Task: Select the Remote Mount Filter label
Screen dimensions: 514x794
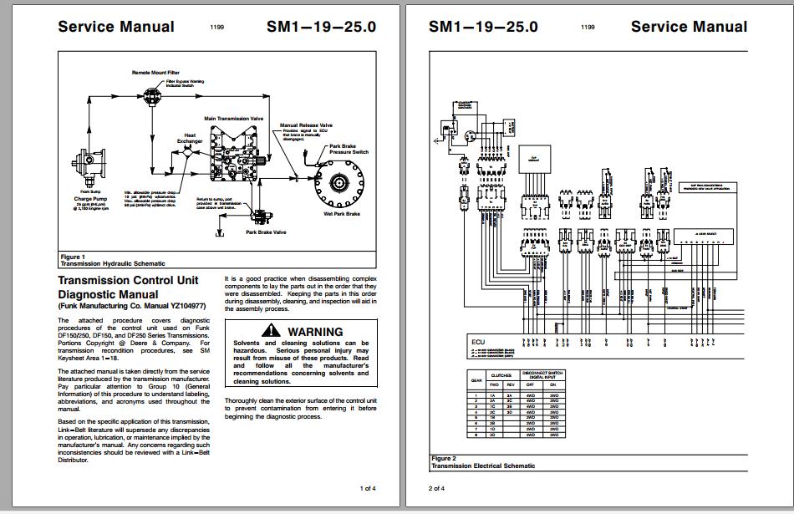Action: tap(155, 73)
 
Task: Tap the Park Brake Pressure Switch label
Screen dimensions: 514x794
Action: tap(349, 149)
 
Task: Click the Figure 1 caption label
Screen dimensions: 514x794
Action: tap(72, 257)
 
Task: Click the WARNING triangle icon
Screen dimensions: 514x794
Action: tap(275, 331)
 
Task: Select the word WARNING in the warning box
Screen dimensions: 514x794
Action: tap(315, 332)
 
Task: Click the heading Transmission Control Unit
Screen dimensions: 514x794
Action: tap(128, 281)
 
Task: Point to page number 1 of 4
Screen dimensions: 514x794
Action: tap(368, 488)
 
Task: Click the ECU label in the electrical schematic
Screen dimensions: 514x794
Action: tap(477, 342)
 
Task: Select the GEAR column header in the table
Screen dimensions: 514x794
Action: tap(476, 380)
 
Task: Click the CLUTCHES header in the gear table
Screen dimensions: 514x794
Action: tap(501, 376)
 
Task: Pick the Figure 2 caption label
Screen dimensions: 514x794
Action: tap(444, 458)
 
